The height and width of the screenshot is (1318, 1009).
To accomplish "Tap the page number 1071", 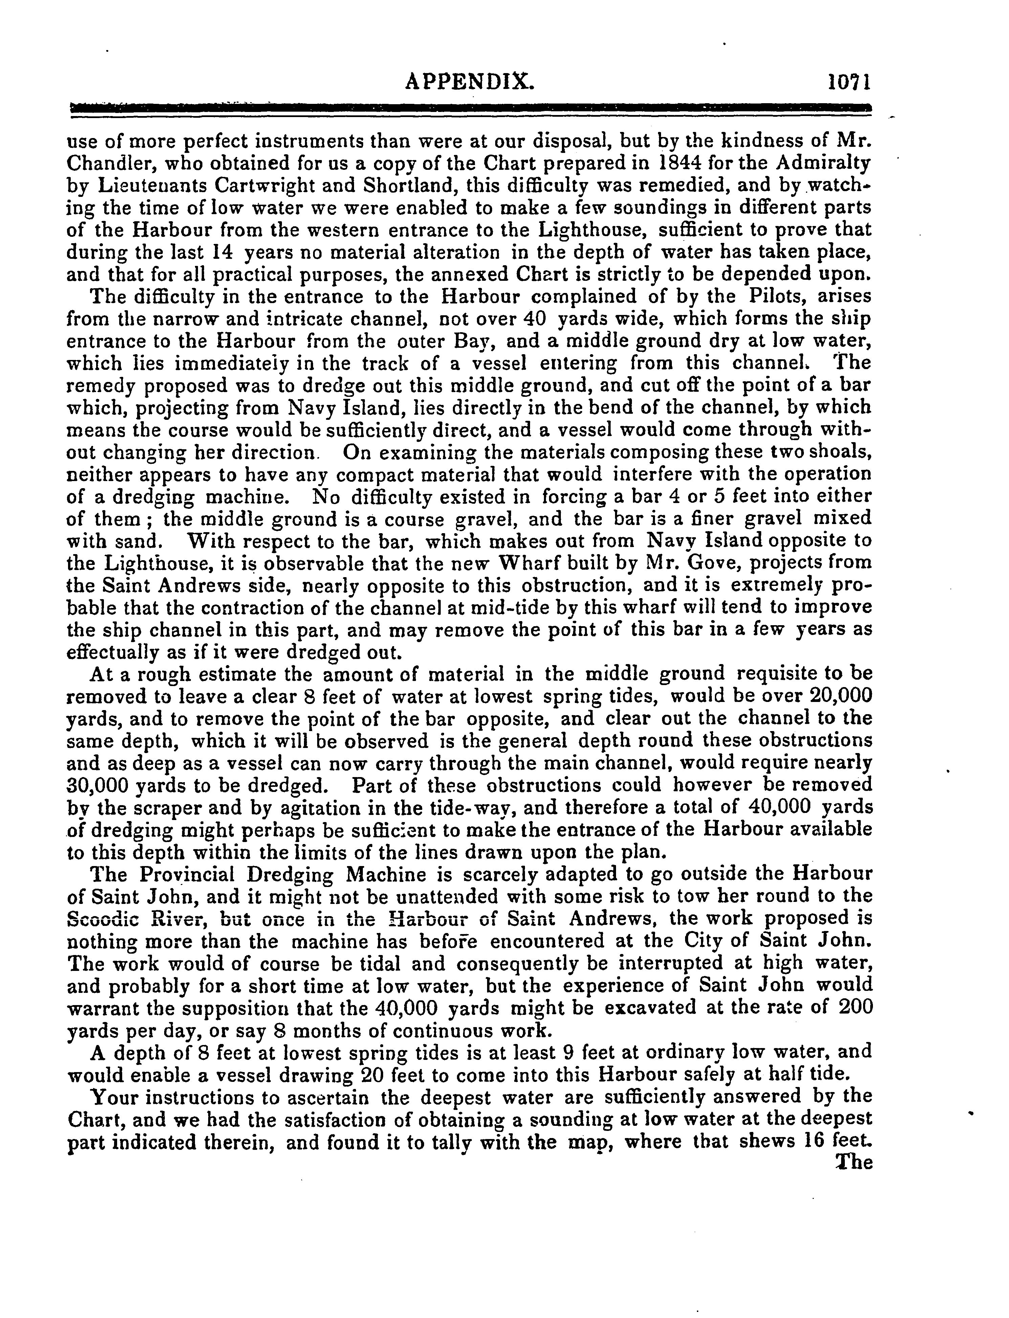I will point(848,81).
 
